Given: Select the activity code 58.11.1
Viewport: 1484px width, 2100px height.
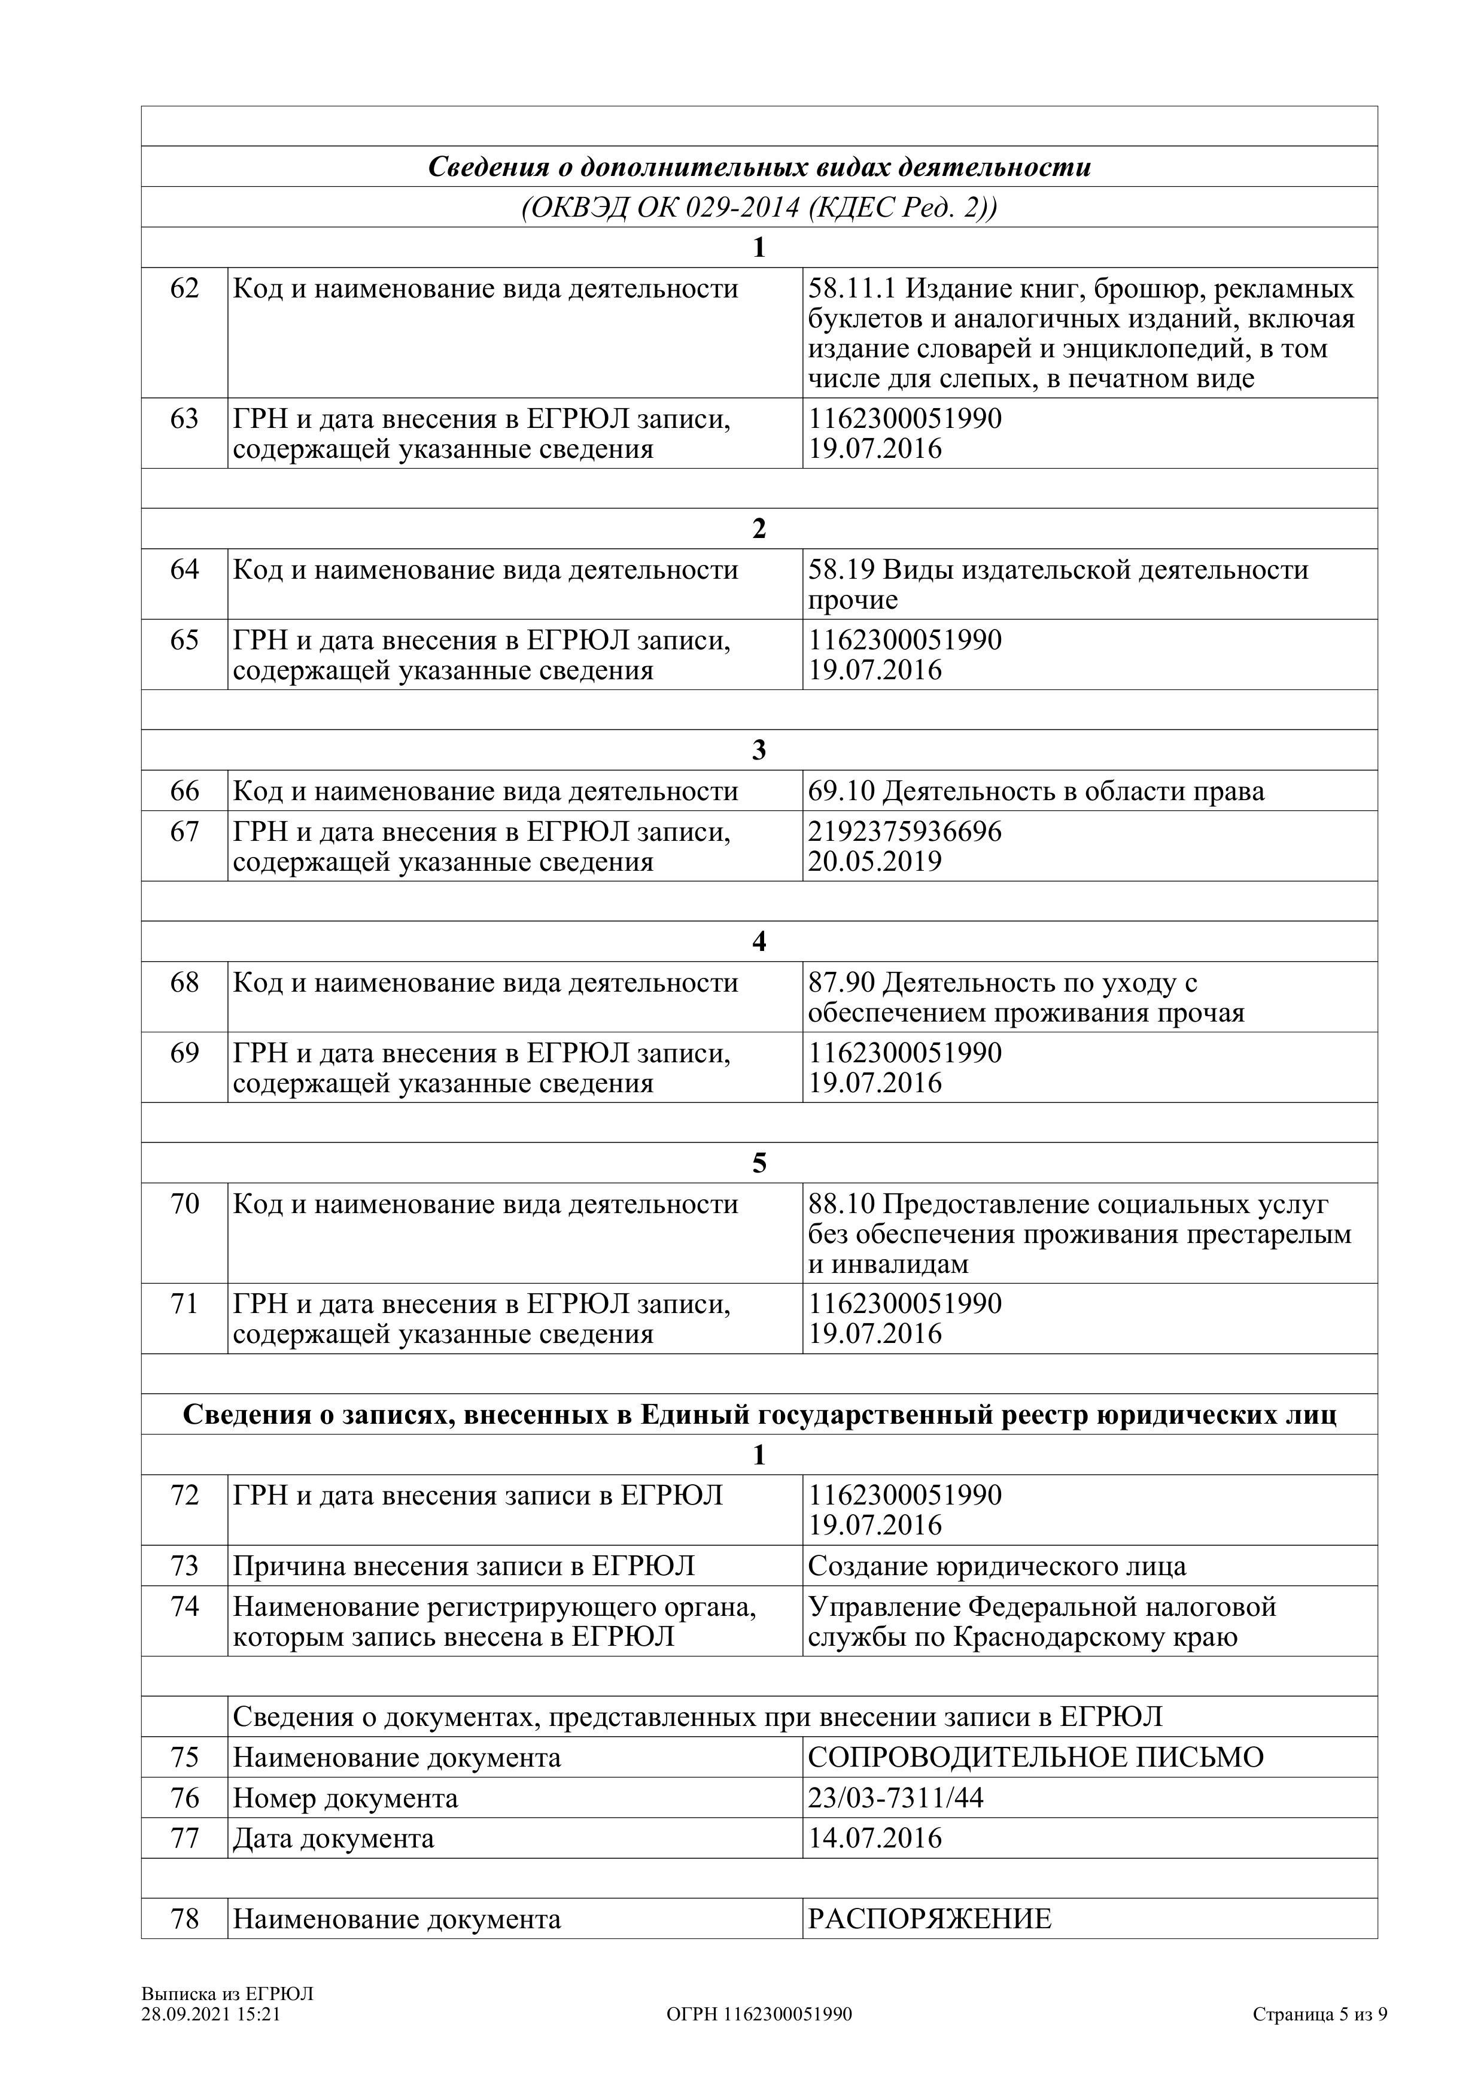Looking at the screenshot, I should (x=852, y=289).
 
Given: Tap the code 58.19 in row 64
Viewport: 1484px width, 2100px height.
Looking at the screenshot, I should (x=841, y=570).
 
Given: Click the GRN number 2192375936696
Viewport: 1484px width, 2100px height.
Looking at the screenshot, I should (x=904, y=831).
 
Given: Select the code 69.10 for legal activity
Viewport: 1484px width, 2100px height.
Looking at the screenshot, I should (x=841, y=791).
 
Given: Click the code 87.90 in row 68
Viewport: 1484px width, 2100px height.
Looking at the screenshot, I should (x=841, y=983).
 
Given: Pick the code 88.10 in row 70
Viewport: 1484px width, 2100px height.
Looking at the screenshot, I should (x=841, y=1205).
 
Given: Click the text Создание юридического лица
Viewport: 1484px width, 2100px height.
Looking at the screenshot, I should (x=997, y=1566).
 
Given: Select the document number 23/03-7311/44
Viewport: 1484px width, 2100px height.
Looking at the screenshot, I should (x=895, y=1798).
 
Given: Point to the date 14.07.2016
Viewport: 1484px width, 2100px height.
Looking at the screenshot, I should (x=874, y=1838).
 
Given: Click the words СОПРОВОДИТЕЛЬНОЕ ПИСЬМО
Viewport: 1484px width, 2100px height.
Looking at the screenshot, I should (x=1035, y=1757).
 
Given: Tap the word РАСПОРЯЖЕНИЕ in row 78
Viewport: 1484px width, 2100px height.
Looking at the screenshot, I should (x=929, y=1918).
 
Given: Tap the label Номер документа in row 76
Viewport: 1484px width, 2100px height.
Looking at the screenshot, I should (x=345, y=1798).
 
